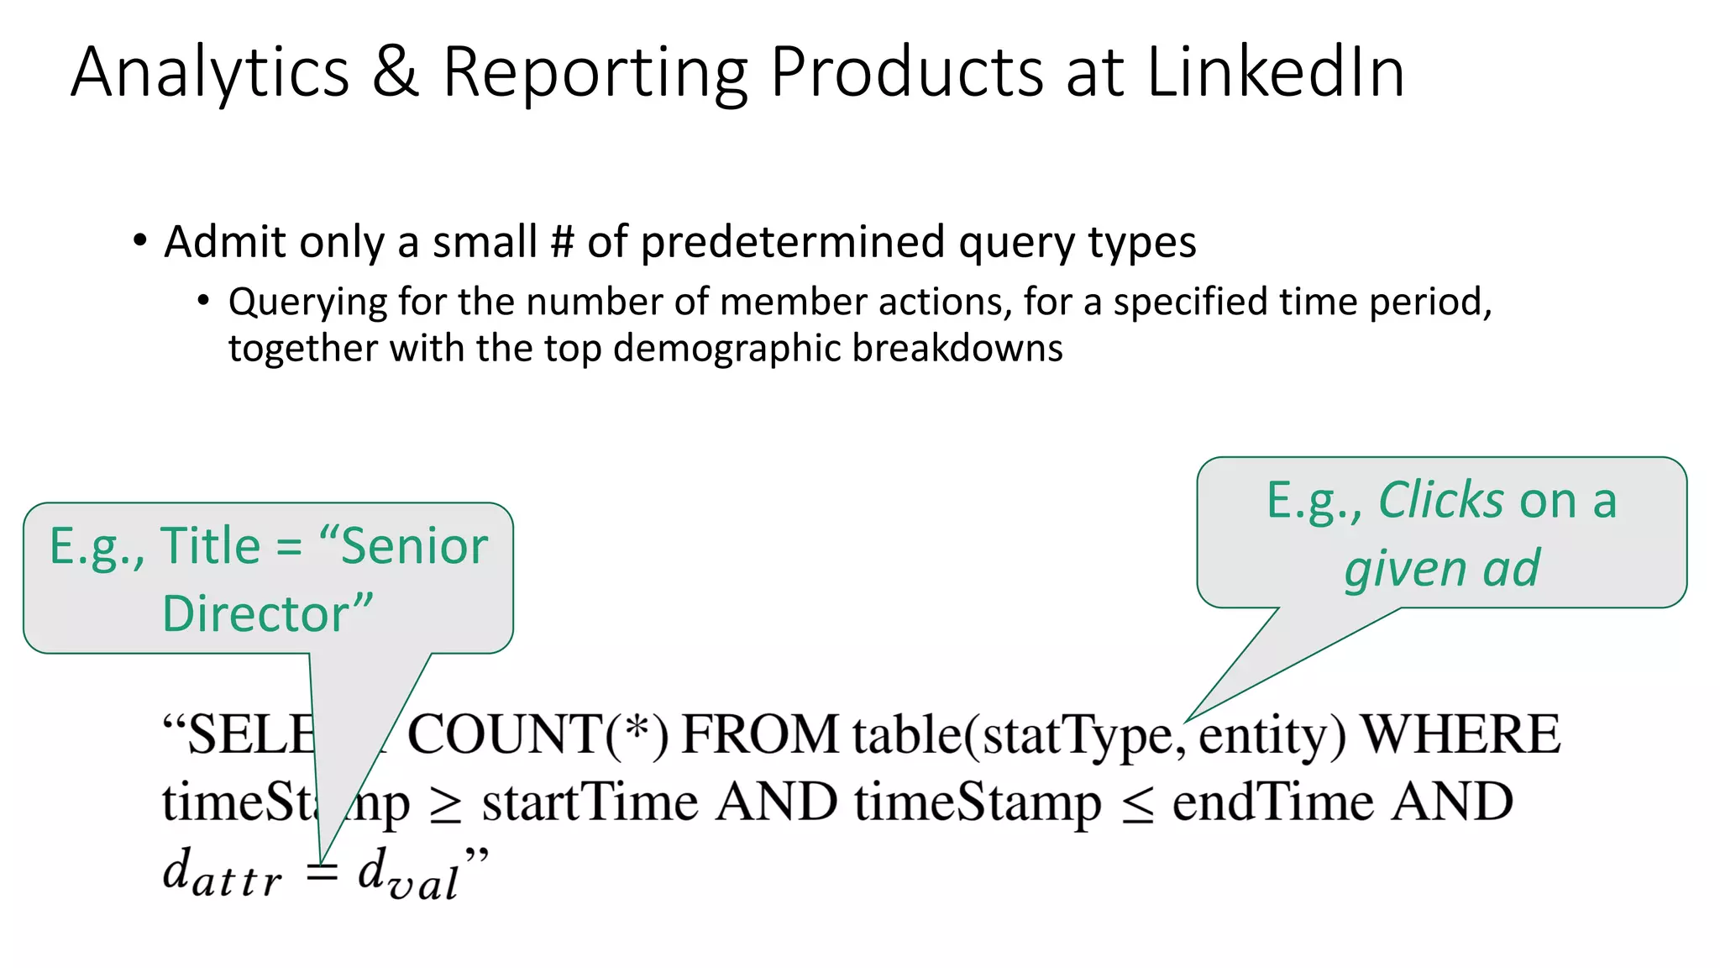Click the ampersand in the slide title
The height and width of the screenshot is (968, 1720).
395,72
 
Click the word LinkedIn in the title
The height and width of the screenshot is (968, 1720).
1275,72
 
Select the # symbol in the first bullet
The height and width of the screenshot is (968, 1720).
561,242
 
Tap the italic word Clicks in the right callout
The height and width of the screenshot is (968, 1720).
1440,501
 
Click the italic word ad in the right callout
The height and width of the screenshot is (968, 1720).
1511,568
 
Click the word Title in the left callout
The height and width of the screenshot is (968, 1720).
210,546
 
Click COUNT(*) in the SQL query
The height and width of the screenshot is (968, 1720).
537,734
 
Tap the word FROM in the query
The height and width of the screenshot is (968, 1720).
759,734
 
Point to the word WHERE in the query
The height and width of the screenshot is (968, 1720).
1460,734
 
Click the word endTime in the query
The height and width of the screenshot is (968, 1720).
1272,802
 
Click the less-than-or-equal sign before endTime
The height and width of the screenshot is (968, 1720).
1137,805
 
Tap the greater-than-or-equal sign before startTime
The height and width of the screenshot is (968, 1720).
445,805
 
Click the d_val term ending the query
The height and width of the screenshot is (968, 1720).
408,874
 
